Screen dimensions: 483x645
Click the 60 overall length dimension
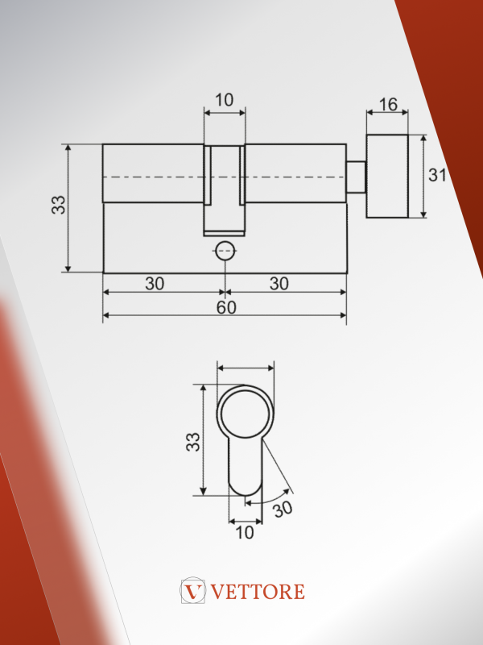click(226, 307)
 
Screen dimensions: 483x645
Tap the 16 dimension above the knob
click(388, 105)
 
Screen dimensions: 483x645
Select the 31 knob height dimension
click(436, 175)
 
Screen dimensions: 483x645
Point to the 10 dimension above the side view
click(225, 100)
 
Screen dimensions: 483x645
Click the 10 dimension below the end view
click(245, 533)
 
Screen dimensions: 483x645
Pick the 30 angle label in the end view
click(283, 509)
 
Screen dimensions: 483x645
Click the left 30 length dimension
click(155, 284)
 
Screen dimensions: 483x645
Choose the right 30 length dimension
click(279, 284)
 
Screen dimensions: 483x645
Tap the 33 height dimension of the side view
click(58, 205)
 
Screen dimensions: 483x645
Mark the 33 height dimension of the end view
click(193, 442)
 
